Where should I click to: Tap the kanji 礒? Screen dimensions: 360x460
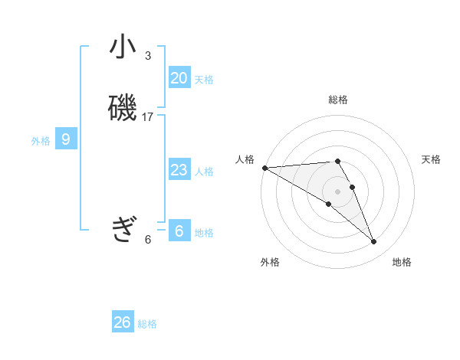click(123, 108)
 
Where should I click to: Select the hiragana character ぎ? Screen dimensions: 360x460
click(123, 227)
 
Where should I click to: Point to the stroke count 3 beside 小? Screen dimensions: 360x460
click(148, 56)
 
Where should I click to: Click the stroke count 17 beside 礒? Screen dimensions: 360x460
click(148, 117)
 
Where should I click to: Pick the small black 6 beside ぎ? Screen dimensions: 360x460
click(148, 240)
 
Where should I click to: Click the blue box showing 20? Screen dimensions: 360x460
click(179, 78)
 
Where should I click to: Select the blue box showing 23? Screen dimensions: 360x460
click(179, 170)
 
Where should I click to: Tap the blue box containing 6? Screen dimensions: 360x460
click(179, 231)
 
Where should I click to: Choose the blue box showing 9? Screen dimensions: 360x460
click(66, 139)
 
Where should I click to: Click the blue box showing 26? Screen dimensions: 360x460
click(123, 322)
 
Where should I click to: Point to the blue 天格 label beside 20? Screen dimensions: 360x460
click(204, 80)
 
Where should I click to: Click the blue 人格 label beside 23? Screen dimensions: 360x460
click(204, 172)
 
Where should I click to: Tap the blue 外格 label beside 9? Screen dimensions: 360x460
click(41, 141)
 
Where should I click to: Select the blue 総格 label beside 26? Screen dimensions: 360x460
click(147, 324)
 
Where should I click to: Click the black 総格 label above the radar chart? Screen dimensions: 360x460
click(338, 100)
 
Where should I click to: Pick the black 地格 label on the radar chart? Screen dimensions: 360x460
click(402, 262)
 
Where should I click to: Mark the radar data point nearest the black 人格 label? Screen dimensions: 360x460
click(264, 168)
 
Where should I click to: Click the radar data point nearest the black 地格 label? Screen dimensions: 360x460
click(373, 242)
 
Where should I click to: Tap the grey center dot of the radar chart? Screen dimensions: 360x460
click(338, 191)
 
